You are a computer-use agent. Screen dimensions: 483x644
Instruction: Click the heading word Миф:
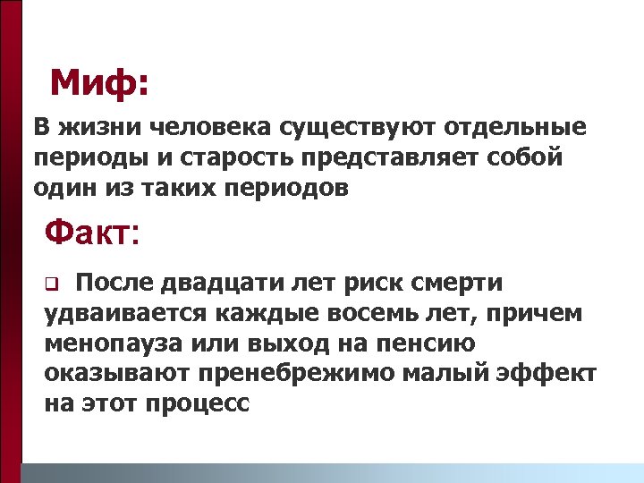point(99,84)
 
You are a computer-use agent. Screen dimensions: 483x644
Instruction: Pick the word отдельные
point(520,128)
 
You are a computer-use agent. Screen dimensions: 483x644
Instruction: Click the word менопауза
point(118,343)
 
